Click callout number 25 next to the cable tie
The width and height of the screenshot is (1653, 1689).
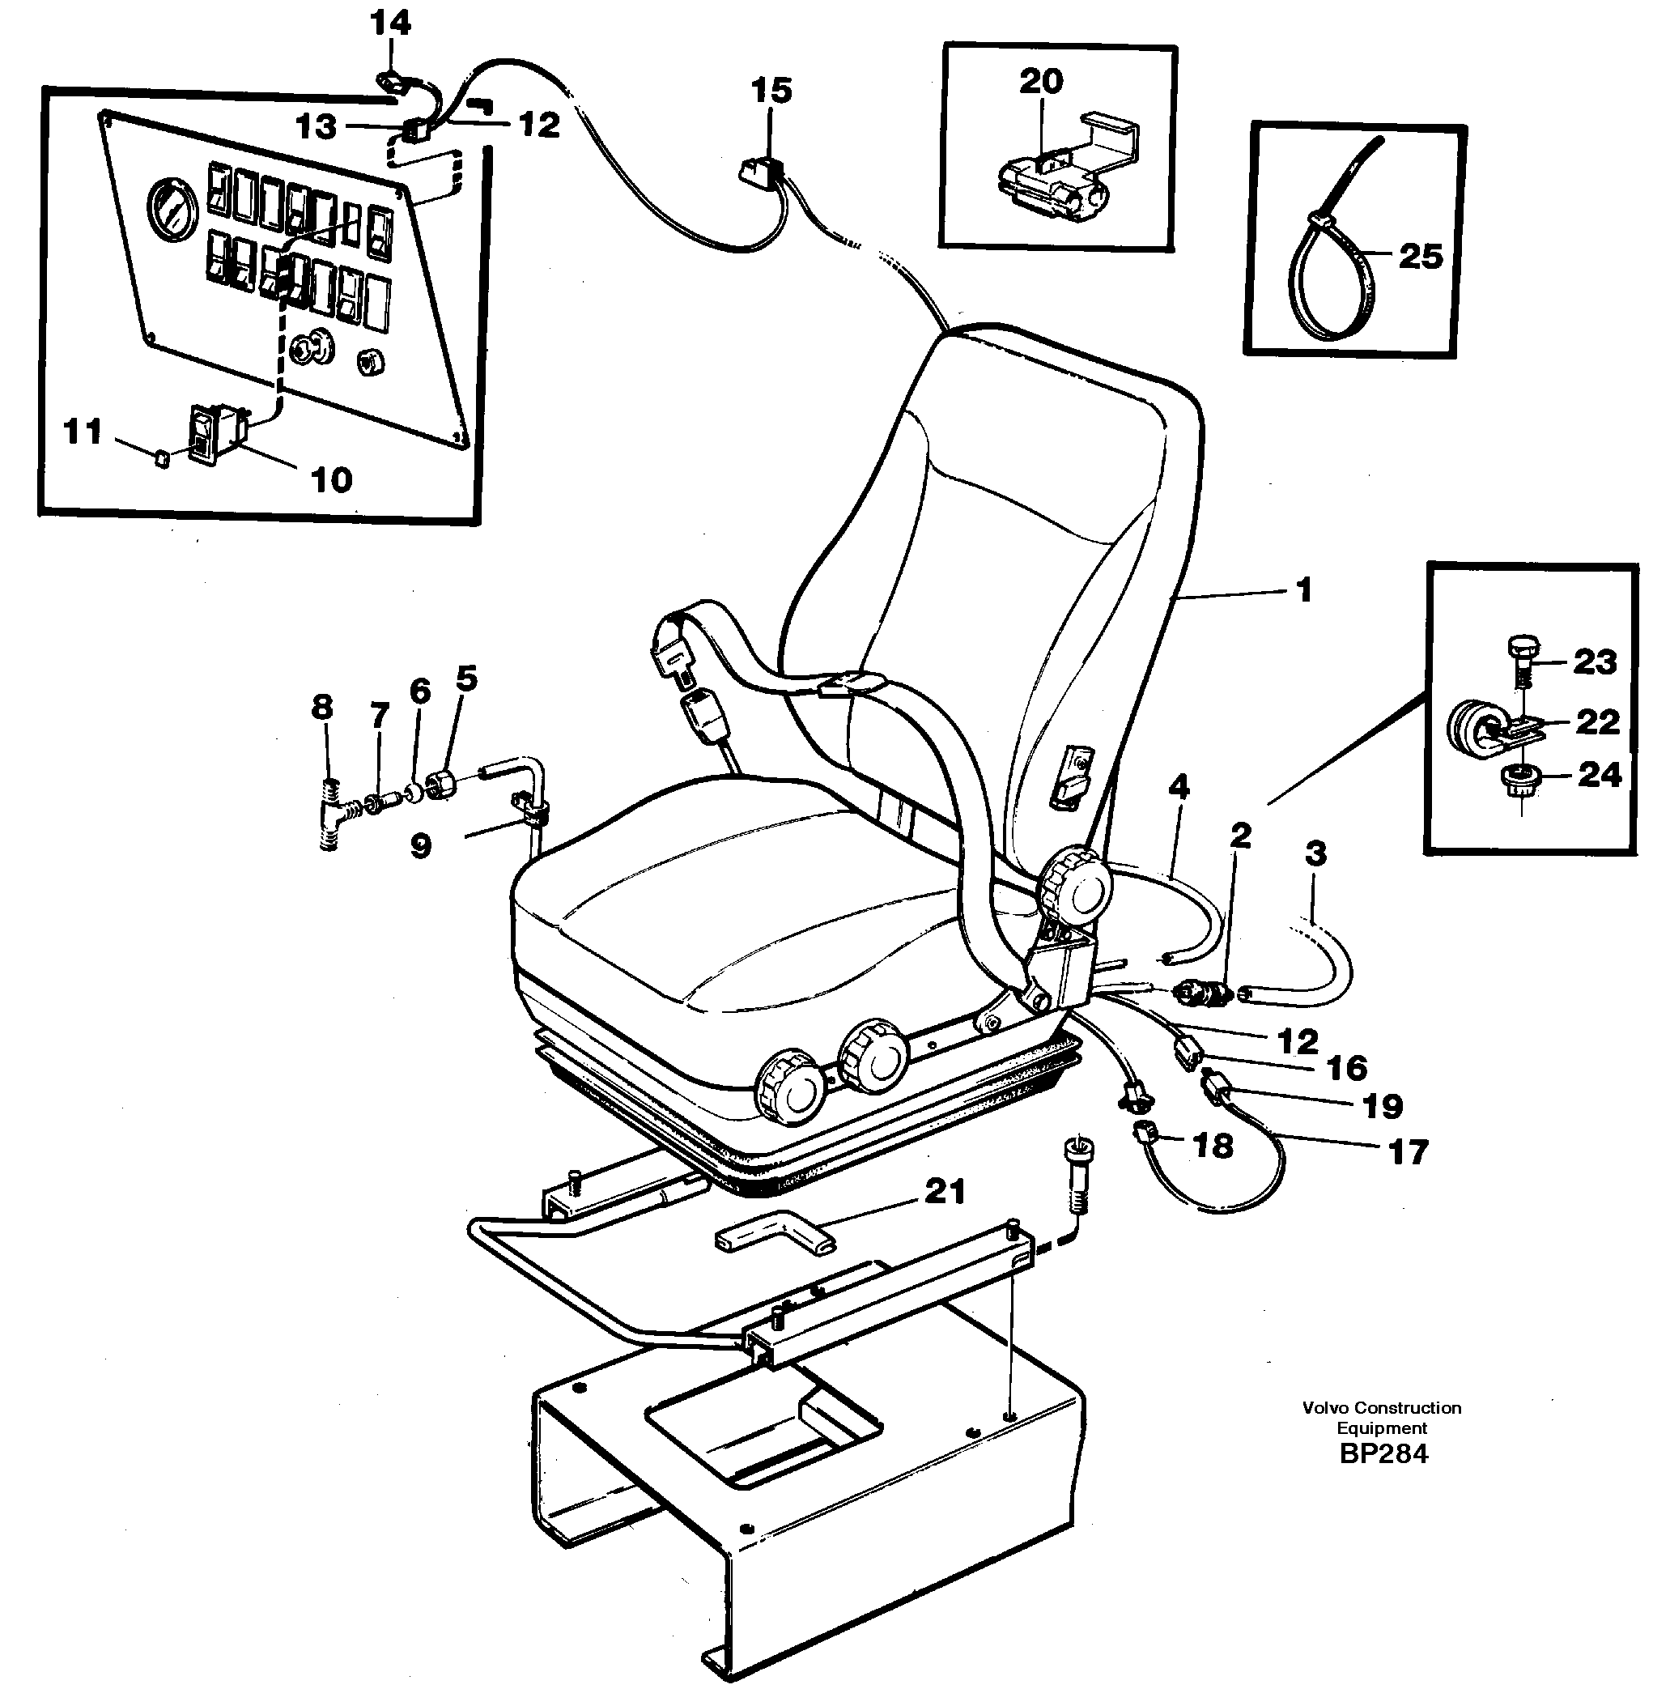[x=1421, y=256]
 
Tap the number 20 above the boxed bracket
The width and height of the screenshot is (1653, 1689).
[x=1041, y=82]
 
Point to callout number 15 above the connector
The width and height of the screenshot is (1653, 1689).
[x=771, y=91]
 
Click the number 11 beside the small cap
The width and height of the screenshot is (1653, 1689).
[x=83, y=432]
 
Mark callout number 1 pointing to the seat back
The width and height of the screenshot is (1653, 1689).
[x=1302, y=590]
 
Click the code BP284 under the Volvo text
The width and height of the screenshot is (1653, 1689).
[x=1383, y=1453]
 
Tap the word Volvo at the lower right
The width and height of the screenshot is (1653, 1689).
[x=1326, y=1408]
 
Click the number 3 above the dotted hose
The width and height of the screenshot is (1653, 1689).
[x=1315, y=853]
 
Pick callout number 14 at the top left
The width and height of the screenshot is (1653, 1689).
[x=391, y=23]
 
